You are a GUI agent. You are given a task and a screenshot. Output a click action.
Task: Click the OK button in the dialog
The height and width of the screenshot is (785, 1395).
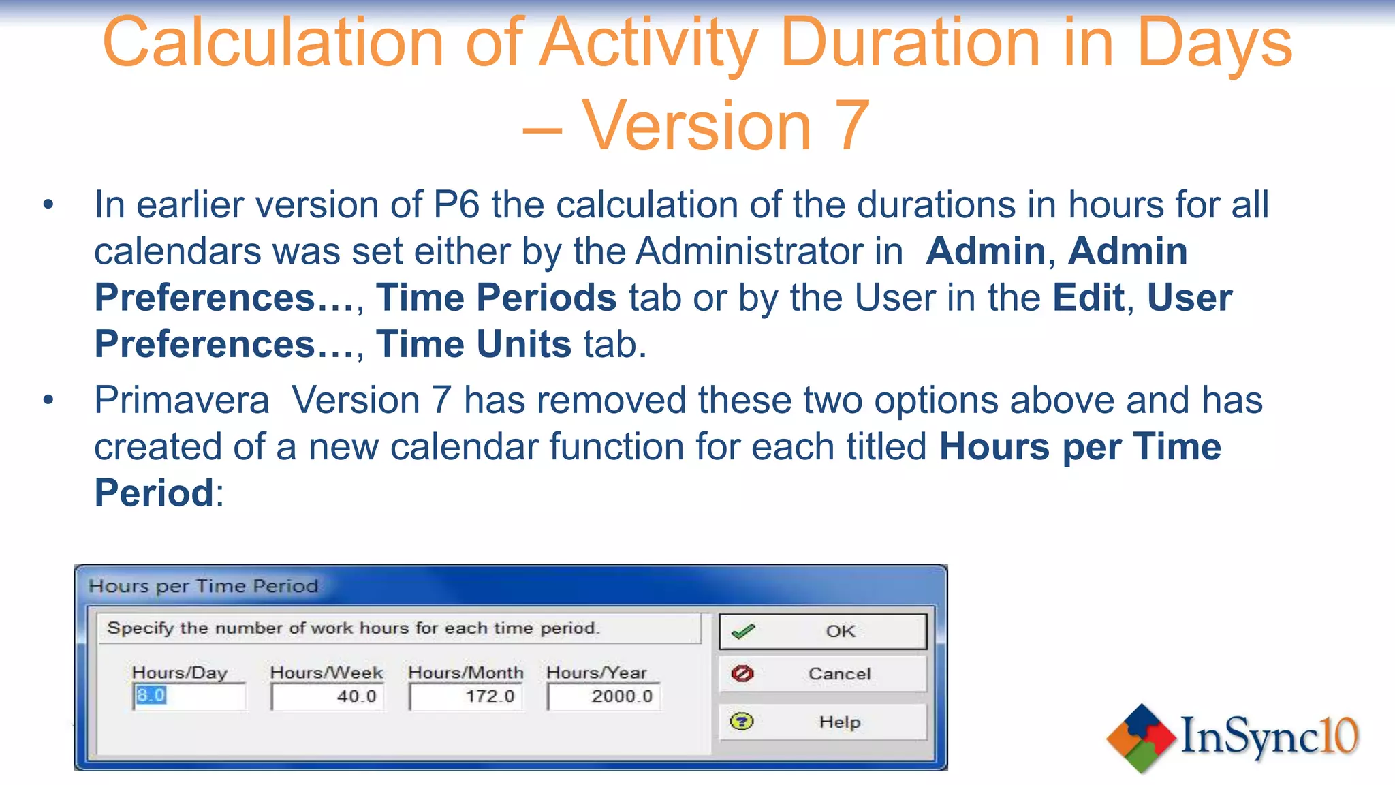823,632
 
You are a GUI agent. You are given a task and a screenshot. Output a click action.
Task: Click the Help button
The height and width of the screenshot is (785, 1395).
823,722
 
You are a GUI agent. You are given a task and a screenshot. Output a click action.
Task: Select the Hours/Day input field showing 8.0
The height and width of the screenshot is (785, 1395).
189,696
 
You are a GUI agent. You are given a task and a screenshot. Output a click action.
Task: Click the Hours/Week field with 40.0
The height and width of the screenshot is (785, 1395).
328,696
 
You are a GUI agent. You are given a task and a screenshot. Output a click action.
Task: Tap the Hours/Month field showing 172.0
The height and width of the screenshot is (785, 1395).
466,696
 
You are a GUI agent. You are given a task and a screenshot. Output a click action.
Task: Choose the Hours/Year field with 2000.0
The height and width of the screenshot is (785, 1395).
604,696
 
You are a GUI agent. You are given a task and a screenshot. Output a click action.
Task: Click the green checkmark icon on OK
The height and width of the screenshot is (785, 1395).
742,632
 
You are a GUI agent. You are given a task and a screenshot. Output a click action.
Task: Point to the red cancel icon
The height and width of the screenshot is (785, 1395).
742,673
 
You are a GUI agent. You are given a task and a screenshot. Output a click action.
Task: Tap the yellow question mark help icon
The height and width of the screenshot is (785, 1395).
742,721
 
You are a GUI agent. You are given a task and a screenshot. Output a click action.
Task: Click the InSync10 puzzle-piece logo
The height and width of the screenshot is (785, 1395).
1142,738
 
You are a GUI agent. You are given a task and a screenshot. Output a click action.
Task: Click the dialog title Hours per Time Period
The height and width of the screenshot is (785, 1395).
204,586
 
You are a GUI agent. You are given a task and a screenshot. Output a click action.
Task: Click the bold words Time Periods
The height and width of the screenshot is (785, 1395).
497,298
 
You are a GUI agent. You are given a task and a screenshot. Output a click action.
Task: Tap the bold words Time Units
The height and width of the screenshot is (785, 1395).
473,344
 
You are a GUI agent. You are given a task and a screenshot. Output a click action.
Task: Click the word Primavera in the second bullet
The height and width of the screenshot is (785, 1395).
182,400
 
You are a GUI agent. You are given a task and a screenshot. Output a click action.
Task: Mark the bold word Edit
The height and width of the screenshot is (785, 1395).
1088,298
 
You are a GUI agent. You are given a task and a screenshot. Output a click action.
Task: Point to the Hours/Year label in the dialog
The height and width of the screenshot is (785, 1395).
597,673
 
